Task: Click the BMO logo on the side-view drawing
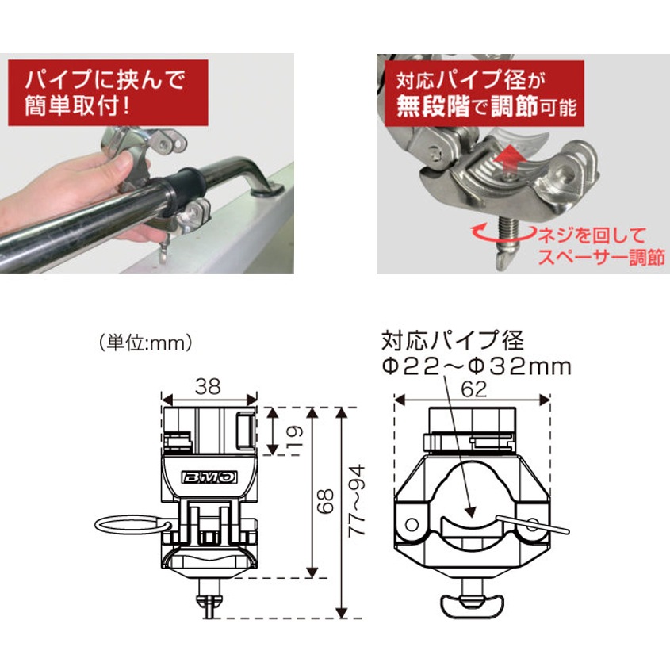pyautogui.click(x=209, y=478)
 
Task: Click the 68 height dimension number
pyautogui.click(x=327, y=502)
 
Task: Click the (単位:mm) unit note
pyautogui.click(x=147, y=343)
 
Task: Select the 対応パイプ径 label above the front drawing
pyautogui.click(x=453, y=341)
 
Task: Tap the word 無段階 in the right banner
pyautogui.click(x=431, y=107)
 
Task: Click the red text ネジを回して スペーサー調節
pyautogui.click(x=599, y=246)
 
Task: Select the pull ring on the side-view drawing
pyautogui.click(x=131, y=525)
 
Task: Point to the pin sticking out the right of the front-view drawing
pyautogui.click(x=541, y=523)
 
